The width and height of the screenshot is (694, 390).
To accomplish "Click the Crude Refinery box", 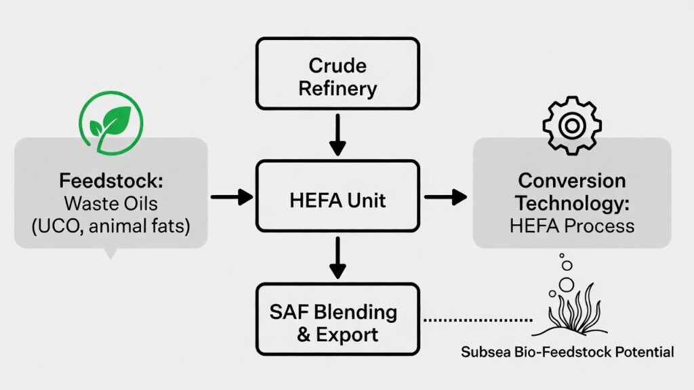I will [x=337, y=74].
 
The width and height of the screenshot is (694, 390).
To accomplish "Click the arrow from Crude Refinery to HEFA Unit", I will [x=338, y=135].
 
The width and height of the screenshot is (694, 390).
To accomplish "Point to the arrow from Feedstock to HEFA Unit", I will [x=231, y=197].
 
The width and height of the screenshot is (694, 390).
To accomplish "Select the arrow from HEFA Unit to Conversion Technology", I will [x=445, y=197].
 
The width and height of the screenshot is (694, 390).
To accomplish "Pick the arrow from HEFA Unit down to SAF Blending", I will [x=338, y=257].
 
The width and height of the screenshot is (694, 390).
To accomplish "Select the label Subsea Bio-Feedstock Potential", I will [x=567, y=352].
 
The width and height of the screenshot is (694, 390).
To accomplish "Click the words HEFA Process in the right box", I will [x=571, y=225].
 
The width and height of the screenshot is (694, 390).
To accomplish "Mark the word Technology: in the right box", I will [x=571, y=202].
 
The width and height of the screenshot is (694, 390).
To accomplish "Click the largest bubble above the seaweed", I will [x=567, y=284].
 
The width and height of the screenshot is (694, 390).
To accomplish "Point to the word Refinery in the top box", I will [x=338, y=87].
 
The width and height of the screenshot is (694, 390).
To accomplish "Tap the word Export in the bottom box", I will [x=347, y=334].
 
